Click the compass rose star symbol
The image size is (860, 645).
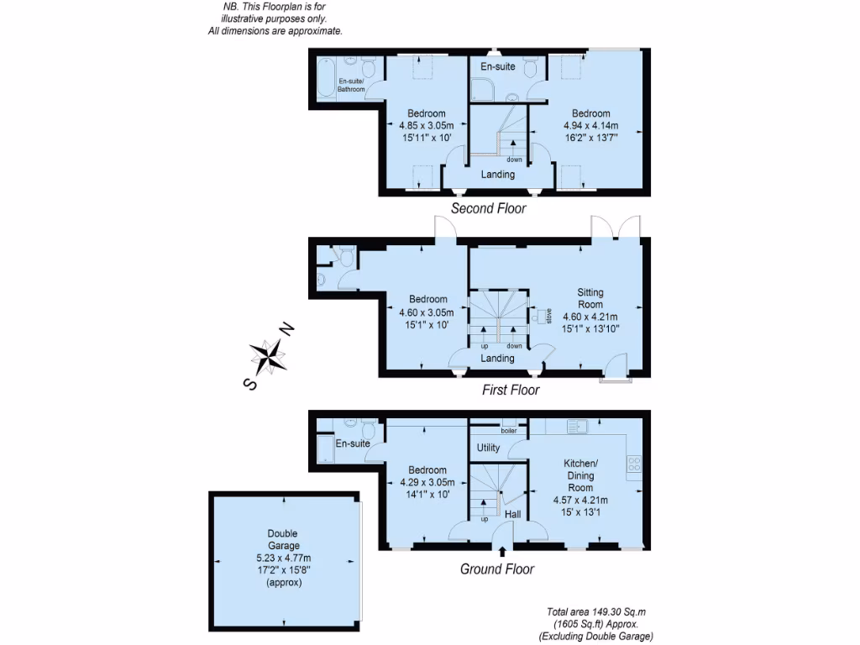(x=270, y=355)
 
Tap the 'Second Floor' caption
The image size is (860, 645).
(x=489, y=208)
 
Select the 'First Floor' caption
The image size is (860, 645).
(x=510, y=390)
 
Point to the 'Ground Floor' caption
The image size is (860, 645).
(x=497, y=569)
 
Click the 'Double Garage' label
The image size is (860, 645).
(x=282, y=539)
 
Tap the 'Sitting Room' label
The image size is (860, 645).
(x=590, y=298)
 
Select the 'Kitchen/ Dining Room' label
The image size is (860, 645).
(x=580, y=475)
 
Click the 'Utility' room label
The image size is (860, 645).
(x=488, y=448)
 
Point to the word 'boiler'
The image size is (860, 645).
(x=509, y=431)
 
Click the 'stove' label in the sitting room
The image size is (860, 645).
(x=548, y=317)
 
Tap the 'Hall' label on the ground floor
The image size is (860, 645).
(x=512, y=513)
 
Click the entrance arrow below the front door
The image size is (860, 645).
(x=502, y=551)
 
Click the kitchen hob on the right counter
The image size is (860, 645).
(x=634, y=463)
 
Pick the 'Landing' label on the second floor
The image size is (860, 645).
(x=497, y=175)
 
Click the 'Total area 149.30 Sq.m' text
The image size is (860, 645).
(x=595, y=612)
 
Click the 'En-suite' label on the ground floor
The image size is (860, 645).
(x=353, y=443)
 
